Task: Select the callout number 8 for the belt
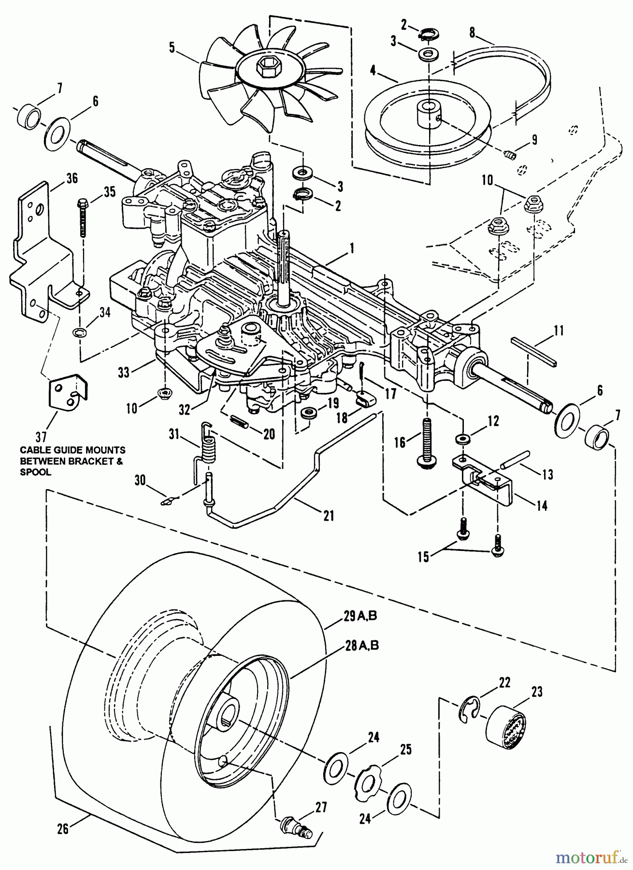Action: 472,32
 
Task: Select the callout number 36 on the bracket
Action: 72,178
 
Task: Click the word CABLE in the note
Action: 34,449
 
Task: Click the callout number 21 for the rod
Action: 328,516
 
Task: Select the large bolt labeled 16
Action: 427,442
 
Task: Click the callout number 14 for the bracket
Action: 542,506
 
